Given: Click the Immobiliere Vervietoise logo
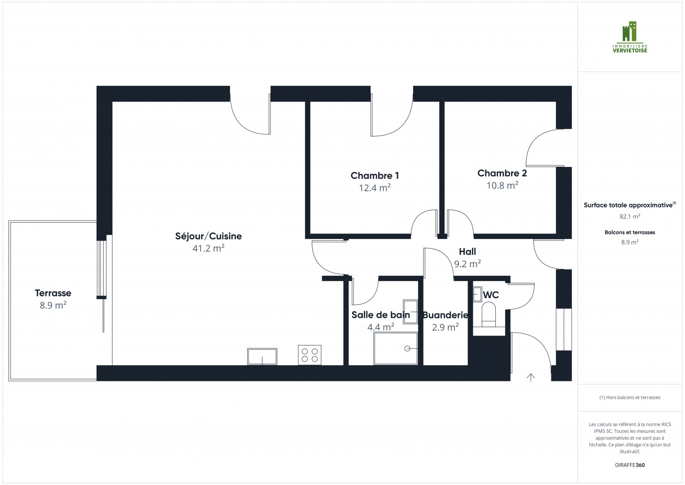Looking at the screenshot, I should tap(630, 37).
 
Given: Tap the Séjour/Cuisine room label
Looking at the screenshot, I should tap(208, 236).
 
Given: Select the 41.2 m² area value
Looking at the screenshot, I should tap(208, 248).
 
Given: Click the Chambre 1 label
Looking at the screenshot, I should tap(375, 176).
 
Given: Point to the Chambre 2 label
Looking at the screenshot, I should tap(502, 173).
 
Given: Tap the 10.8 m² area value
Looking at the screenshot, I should tap(502, 185).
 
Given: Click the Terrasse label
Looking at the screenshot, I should tap(53, 293).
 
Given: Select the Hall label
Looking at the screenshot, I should tap(467, 252).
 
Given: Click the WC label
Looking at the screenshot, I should tap(491, 295).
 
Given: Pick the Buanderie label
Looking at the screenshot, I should tap(445, 315).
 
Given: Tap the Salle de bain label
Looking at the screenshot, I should tap(380, 315).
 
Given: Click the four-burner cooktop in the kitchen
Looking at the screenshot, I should tap(310, 355).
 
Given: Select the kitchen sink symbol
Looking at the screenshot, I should tap(262, 357).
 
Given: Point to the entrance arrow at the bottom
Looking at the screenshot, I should tap(531, 378).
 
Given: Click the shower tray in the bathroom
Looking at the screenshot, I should tap(396, 348).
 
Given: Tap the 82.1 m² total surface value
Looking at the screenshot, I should tap(629, 216).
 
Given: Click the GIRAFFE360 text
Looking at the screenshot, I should tap(629, 465).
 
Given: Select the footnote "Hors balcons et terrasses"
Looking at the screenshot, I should tap(629, 397).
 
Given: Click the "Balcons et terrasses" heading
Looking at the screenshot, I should tap(629, 233).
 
